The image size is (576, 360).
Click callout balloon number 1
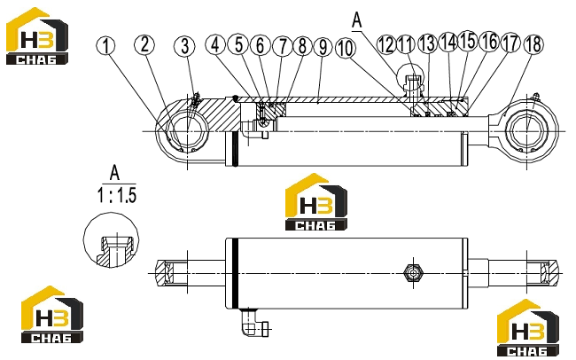pos(105,45)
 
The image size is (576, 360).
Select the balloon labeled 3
pos(185,46)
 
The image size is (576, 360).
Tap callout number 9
pos(323,47)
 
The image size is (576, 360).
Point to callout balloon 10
pos(346,48)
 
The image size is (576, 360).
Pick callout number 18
pos(533,44)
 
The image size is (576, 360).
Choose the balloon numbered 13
pos(428,43)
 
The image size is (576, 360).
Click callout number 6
pos(260,45)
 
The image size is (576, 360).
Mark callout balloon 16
pos(490,41)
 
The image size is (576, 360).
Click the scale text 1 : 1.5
pos(117,195)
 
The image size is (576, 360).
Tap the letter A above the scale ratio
pos(114,173)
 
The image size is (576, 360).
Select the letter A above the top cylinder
pos(357,20)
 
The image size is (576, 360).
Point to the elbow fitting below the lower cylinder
pos(253,323)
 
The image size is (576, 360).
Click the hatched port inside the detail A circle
pos(114,252)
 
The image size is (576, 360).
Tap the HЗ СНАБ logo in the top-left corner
pos(37,36)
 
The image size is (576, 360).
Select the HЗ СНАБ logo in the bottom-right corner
pos(528,328)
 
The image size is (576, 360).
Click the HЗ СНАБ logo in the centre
pos(316,202)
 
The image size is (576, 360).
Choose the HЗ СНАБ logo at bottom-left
pos(52,315)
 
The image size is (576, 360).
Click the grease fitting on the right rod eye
pos(534,97)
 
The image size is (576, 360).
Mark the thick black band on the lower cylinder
pos(236,274)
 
